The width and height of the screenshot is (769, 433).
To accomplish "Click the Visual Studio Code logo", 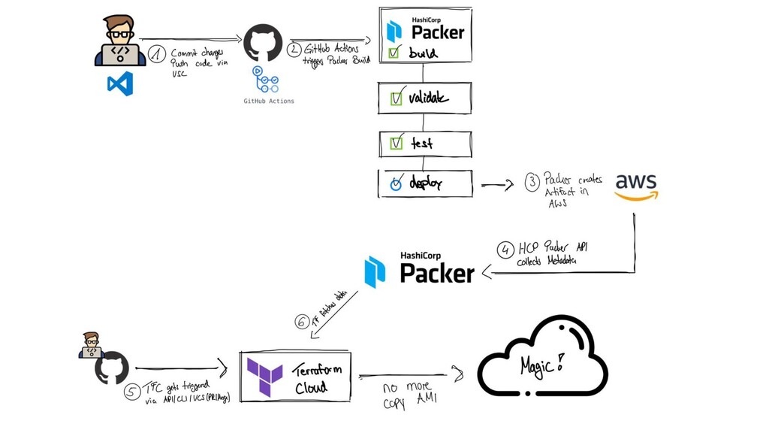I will coord(120,83).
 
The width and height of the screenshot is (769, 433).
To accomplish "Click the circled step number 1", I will coord(157,54).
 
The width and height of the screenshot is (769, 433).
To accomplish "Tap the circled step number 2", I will coord(294,50).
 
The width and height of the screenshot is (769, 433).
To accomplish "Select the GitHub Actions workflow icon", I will coord(267,81).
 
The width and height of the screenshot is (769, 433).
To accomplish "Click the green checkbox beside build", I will coord(394,53).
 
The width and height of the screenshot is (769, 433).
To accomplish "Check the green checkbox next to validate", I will coord(397,98).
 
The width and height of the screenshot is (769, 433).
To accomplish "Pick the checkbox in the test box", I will coord(397,143).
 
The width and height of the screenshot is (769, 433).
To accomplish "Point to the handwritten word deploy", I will coord(426,183).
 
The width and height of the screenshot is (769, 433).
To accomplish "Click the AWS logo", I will coord(636,186).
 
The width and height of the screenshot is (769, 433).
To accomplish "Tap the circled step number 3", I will coord(532,181).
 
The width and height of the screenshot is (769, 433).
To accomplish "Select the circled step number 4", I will coord(505,250).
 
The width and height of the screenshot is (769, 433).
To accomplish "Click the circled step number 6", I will coord(302,322).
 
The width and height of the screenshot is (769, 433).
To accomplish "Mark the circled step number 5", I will coord(132,392).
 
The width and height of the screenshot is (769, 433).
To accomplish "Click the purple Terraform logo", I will coord(265,374).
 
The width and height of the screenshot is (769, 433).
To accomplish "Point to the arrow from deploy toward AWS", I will coord(496,184).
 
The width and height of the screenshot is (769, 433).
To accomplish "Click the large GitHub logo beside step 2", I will coord(263,43).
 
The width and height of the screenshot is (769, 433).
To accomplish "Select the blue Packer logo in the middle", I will coord(375,271).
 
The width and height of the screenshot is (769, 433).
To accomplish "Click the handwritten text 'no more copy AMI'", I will coord(409,395).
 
